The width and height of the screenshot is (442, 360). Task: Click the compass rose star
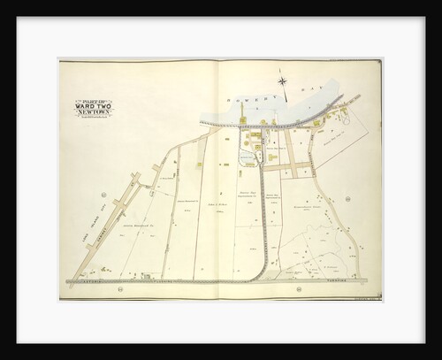(284, 82)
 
